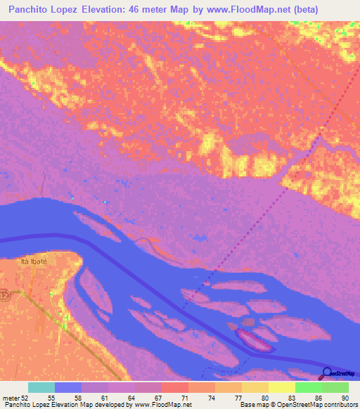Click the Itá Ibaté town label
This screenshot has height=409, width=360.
[34, 261]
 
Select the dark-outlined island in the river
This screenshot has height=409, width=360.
[253, 341]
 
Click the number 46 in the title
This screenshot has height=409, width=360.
[141, 10]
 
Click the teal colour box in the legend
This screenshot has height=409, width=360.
[41, 387]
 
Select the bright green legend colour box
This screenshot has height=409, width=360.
[309, 387]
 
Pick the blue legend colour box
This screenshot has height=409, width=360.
[68, 387]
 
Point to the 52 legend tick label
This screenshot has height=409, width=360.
[26, 398]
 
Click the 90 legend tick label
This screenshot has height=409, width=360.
[345, 398]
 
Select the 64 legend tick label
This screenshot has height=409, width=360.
[131, 398]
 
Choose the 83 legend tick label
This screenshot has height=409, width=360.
[291, 398]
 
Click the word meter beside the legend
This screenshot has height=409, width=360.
[11, 398]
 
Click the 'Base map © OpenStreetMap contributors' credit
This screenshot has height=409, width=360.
[297, 405]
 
